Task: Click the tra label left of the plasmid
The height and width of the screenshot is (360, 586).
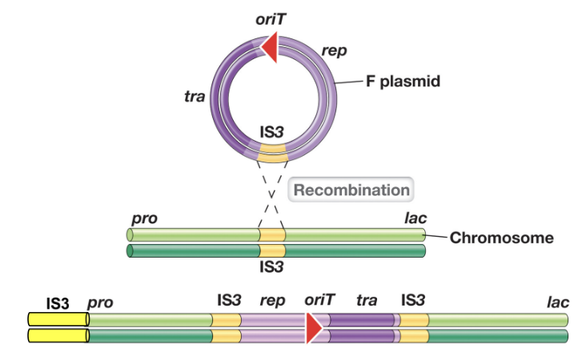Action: (195, 98)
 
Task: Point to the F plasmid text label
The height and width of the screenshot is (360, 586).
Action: (404, 82)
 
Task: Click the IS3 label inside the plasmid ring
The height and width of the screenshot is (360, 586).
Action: (273, 128)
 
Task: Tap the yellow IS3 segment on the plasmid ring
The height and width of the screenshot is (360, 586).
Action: (273, 150)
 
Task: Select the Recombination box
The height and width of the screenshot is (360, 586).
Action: (351, 190)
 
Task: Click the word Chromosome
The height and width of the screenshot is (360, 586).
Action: (501, 238)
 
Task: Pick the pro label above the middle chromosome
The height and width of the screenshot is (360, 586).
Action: (143, 218)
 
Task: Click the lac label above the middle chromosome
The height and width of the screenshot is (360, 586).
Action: (415, 218)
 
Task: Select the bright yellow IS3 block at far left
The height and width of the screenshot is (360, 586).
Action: (58, 327)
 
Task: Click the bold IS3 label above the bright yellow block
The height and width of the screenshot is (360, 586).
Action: (58, 302)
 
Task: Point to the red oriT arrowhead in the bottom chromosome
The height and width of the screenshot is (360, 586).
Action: (314, 327)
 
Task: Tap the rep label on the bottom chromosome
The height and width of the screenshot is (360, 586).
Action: (272, 302)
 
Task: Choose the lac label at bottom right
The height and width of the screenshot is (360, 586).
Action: (557, 302)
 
